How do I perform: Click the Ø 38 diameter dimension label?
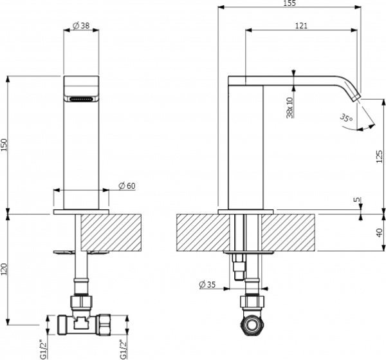click(81, 25)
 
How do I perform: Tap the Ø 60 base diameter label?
click(127, 186)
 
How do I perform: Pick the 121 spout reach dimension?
click(301, 25)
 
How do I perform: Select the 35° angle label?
click(347, 118)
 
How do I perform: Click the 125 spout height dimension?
click(380, 155)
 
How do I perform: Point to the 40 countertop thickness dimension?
click(380, 232)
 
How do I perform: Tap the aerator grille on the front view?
click(81, 99)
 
